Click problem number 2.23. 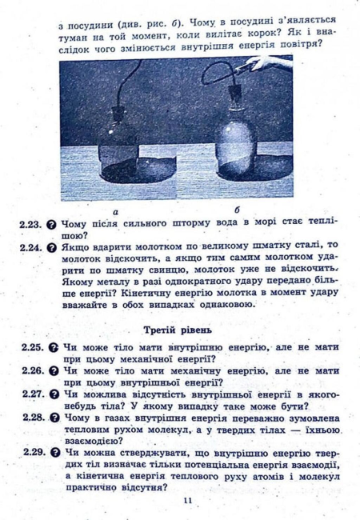30,226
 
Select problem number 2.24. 30,246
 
